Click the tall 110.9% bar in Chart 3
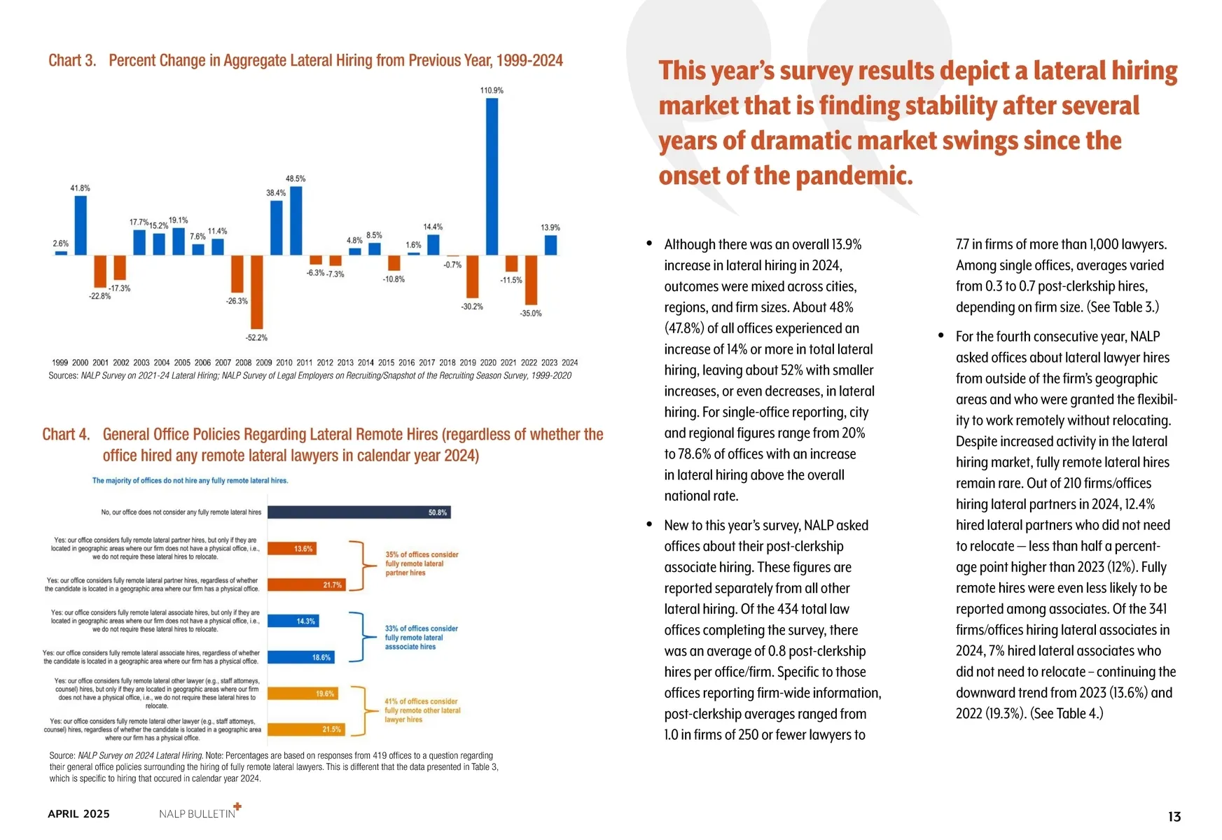point(492,176)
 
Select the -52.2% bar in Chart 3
point(257,292)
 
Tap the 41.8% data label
point(80,188)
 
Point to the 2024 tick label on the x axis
point(570,363)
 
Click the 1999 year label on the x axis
point(60,363)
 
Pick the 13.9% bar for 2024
point(550,245)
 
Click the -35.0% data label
point(531,314)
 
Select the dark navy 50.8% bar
point(359,512)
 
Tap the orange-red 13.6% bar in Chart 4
point(292,549)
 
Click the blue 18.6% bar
point(301,657)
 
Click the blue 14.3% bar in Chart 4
point(293,621)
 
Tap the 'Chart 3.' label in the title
point(72,61)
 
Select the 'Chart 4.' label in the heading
point(66,435)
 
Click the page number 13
point(1174,817)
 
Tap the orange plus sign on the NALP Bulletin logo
point(237,806)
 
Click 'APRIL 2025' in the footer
point(78,814)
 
